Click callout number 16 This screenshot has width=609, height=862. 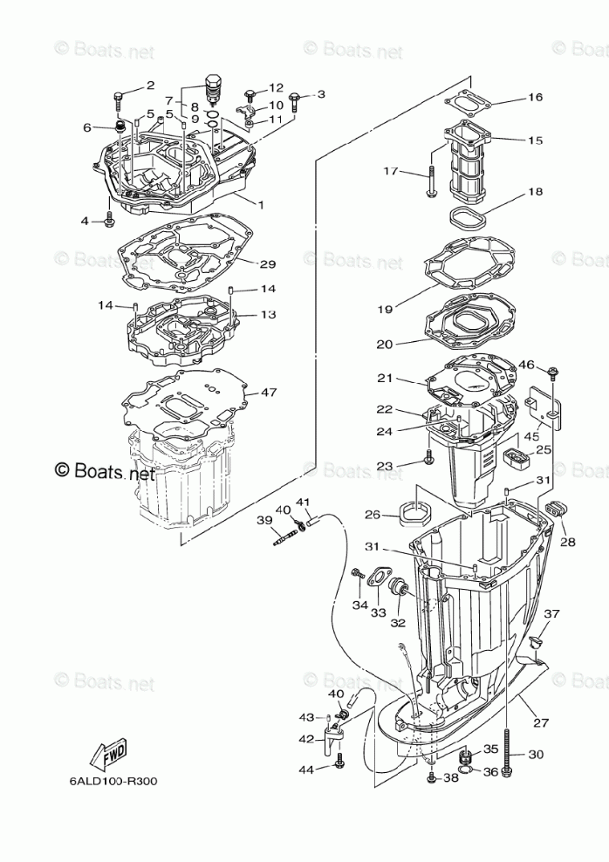535,97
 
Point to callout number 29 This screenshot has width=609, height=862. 267,263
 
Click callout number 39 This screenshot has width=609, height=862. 263,520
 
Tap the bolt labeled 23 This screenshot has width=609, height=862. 428,456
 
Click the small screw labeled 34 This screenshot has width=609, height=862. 358,573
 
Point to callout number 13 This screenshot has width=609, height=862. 267,314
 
